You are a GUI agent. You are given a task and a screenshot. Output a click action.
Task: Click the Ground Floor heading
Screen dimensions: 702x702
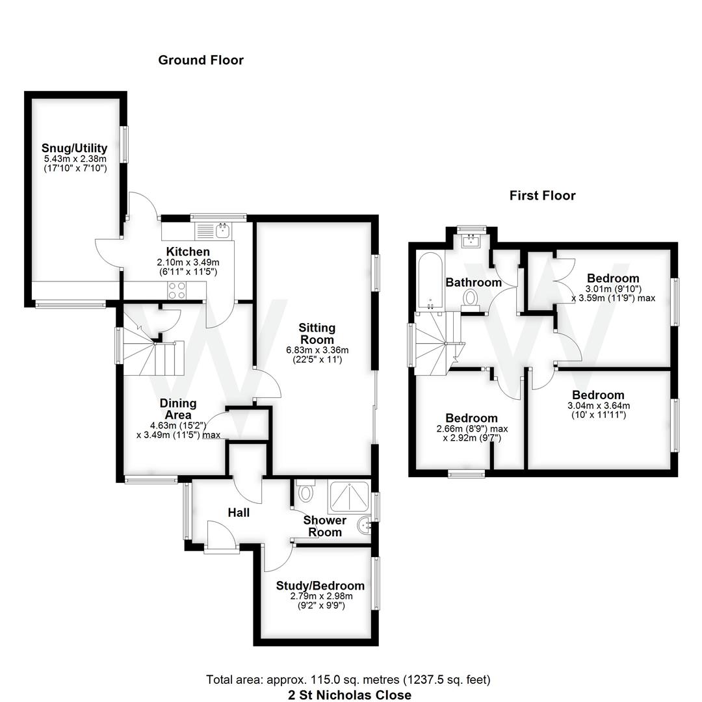[x=201, y=60]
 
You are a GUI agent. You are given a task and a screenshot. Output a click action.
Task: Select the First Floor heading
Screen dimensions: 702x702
[x=542, y=196]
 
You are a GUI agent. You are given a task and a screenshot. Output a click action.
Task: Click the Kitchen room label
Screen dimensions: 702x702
[x=188, y=252]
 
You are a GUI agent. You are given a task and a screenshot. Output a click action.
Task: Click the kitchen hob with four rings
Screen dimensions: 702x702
[x=177, y=289]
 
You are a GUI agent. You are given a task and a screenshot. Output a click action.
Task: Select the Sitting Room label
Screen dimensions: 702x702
[x=317, y=333]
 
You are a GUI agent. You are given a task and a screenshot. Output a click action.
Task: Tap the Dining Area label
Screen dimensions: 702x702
[x=178, y=409]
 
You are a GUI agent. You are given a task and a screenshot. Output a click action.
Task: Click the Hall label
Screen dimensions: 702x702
[x=239, y=513]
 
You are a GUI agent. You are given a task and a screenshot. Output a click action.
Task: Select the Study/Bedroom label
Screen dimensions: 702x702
[x=320, y=586]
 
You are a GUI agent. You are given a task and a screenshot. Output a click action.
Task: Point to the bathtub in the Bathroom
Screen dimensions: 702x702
[x=431, y=280]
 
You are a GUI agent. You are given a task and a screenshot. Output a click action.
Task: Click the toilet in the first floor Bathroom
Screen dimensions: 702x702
[x=471, y=297]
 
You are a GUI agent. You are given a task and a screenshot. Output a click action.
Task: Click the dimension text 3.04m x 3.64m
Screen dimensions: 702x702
[x=598, y=406]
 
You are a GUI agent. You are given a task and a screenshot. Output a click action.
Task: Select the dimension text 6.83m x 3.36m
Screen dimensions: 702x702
[x=317, y=350]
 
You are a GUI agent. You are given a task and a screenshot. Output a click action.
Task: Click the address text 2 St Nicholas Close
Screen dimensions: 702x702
[x=350, y=694]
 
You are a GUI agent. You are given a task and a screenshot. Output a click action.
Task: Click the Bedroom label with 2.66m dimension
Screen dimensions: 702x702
[x=471, y=418]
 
